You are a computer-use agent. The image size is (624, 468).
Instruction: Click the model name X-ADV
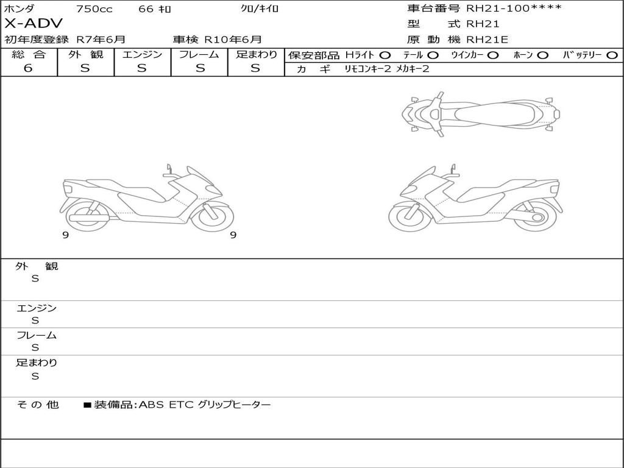(34, 24)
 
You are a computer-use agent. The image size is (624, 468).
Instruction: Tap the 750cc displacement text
(94, 9)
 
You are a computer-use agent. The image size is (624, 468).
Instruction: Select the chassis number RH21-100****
(514, 8)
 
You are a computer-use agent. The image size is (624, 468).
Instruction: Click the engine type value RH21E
(487, 40)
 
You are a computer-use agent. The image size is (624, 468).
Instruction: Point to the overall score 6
(28, 68)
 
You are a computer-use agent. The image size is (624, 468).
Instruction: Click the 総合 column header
(29, 54)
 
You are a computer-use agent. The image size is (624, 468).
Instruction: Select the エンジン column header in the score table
(142, 54)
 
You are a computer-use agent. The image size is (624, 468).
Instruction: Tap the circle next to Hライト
(385, 55)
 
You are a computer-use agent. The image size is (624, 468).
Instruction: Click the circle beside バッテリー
(612, 55)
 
